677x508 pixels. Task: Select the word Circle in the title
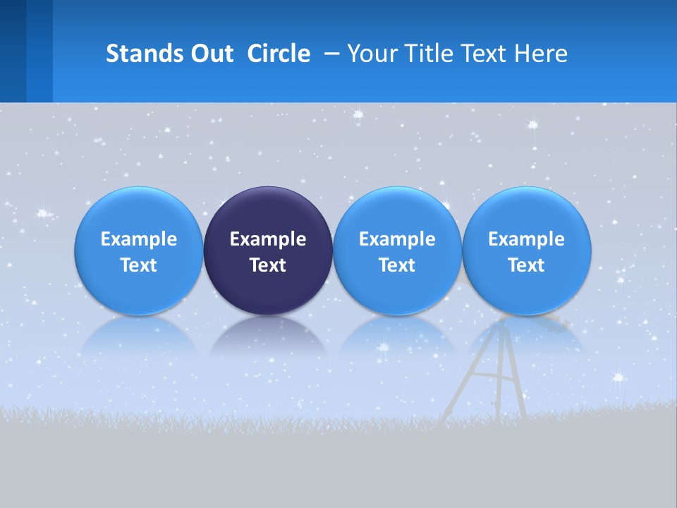pyautogui.click(x=279, y=54)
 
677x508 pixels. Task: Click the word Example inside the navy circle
pyautogui.click(x=268, y=239)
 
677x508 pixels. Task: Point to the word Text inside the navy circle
pyautogui.click(x=268, y=265)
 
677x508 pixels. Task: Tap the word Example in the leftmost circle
pyautogui.click(x=138, y=239)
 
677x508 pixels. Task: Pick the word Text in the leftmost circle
pyautogui.click(x=138, y=265)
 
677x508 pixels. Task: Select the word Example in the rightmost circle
pyautogui.click(x=527, y=239)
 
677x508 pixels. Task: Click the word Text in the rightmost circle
pyautogui.click(x=527, y=265)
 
